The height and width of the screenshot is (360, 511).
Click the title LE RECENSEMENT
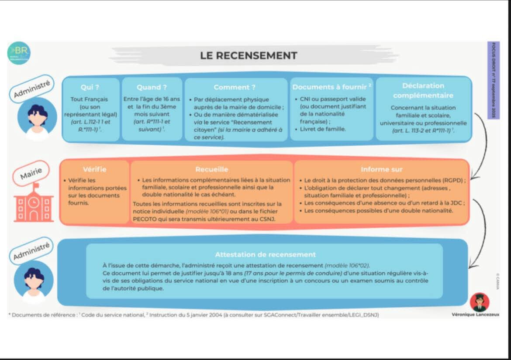pos(249,55)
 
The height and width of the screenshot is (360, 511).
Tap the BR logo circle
pos(19,53)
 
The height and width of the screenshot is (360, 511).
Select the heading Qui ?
pos(90,87)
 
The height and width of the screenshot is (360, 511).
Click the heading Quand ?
pos(152,87)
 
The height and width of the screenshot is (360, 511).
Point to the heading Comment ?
pos(235,87)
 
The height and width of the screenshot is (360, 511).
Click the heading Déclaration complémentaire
pos(423,90)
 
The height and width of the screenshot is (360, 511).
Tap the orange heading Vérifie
pos(94,169)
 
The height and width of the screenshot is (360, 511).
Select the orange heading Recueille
pos(211,169)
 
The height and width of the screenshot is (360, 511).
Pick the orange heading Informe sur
pos(381,169)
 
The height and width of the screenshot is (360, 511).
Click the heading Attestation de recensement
pos(265,254)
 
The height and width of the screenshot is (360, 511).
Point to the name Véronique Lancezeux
pos(475,314)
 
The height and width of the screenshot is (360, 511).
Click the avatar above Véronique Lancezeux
pos(480,302)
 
